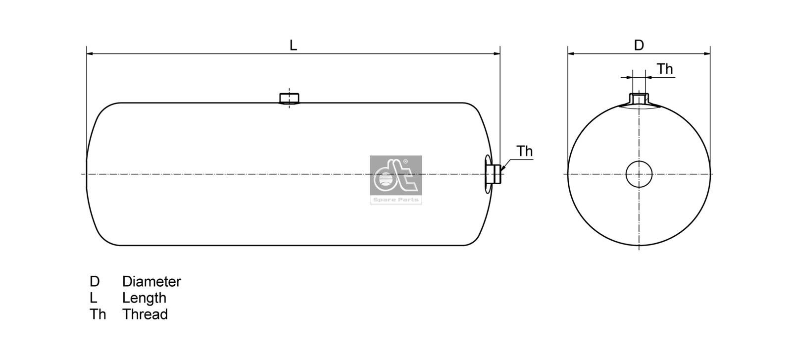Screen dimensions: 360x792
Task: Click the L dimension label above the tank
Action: [293, 45]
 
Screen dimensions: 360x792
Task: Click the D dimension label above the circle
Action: [639, 45]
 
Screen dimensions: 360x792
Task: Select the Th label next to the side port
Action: [524, 151]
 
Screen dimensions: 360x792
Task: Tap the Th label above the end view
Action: [665, 69]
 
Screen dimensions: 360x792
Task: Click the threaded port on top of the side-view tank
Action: [289, 98]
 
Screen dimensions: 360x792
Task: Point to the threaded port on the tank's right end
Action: [493, 174]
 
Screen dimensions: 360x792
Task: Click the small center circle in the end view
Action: [639, 174]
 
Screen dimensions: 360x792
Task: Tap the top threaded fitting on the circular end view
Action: [639, 99]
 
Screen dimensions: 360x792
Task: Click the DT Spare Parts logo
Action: [396, 176]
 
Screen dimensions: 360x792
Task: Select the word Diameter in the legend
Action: [151, 282]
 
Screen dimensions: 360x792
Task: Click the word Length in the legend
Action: [144, 298]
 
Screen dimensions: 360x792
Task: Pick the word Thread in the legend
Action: [145, 314]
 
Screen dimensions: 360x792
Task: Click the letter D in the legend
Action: [95, 282]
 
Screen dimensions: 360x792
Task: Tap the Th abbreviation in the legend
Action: [98, 314]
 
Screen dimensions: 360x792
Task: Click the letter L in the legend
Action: [93, 298]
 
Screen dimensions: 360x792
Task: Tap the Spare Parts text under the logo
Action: [396, 200]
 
